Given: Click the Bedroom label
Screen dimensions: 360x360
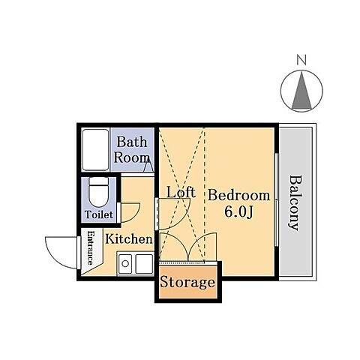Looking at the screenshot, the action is click(239, 195).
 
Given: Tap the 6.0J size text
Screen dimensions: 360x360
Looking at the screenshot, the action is click(239, 212).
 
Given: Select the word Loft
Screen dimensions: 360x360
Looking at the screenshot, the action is click(181, 192).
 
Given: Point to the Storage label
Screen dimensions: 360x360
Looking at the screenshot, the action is click(187, 283).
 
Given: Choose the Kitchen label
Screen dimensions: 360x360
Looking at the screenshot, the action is click(129, 239).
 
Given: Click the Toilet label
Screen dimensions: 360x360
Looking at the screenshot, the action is click(99, 214).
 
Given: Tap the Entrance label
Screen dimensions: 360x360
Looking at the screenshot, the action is click(91, 247).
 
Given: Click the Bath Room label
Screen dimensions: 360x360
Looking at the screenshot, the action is click(131, 150).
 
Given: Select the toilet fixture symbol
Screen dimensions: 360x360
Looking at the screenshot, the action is click(99, 192).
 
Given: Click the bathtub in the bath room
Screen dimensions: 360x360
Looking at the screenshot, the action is click(95, 150).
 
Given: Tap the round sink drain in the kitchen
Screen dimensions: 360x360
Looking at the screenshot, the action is click(125, 263).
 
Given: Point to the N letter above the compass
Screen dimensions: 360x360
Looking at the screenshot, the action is click(301, 60).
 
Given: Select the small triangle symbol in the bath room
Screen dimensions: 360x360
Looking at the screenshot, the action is click(148, 166).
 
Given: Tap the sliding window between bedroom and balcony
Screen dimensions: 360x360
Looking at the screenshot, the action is click(276, 199).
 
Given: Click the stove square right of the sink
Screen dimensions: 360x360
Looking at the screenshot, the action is click(144, 264).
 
